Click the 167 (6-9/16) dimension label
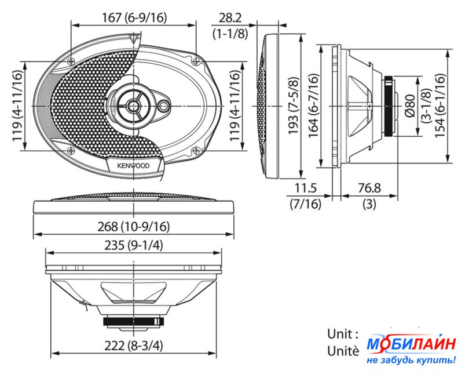[x=134, y=18]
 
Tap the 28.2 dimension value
[x=230, y=18]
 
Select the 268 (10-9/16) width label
[x=134, y=227]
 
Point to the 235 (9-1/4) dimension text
[x=134, y=245]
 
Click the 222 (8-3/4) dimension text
[x=134, y=345]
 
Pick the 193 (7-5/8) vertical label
[x=293, y=106]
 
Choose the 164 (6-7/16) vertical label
[x=313, y=106]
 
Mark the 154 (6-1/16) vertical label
[x=440, y=106]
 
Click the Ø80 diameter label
[x=410, y=106]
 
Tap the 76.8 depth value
[x=369, y=188]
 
